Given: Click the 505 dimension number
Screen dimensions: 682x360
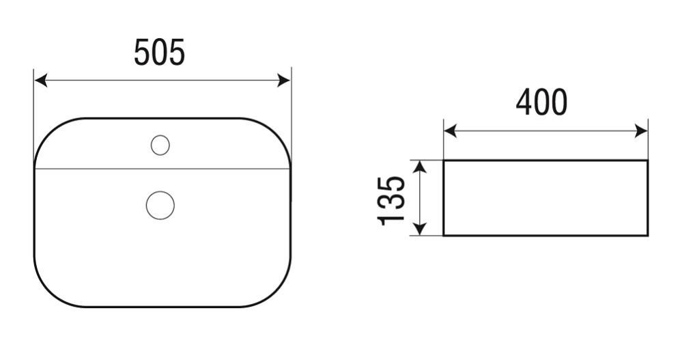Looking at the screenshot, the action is (159, 52).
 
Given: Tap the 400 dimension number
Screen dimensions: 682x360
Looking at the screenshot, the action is (541, 102).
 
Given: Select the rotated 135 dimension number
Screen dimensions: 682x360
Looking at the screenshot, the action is (391, 201).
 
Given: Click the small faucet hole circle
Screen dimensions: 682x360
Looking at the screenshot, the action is (160, 146).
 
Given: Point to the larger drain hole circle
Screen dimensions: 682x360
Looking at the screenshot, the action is (160, 205).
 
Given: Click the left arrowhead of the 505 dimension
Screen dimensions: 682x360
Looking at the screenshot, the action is (41, 81).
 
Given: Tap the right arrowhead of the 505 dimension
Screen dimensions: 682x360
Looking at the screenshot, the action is (283, 81).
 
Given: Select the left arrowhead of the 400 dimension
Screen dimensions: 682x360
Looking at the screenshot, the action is (451, 130).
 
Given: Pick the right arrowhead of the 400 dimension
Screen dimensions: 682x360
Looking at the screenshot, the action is (641, 130).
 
